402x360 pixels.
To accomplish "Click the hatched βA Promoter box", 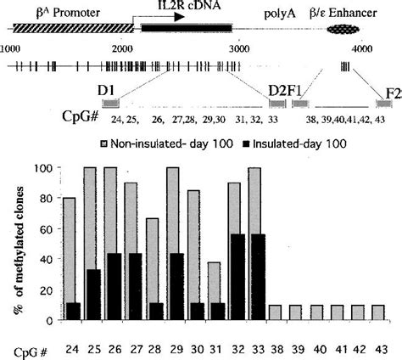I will tap(64, 28).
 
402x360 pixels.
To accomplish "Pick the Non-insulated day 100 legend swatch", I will tap(105, 143).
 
